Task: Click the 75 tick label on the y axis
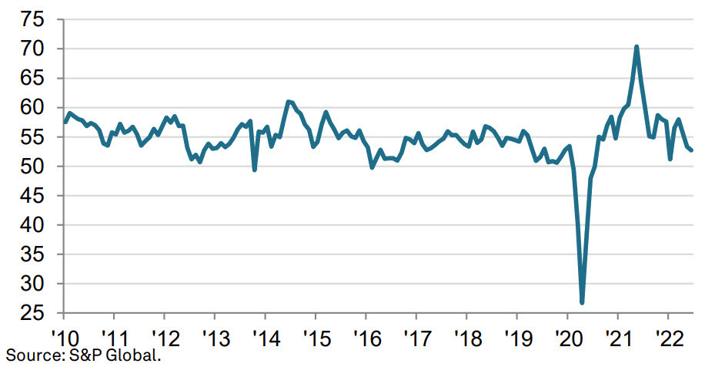click(x=31, y=19)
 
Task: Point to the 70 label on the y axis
click(x=31, y=49)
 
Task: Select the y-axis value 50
click(x=31, y=167)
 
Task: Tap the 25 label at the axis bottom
click(x=31, y=314)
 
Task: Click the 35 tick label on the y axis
click(x=31, y=255)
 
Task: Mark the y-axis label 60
click(x=31, y=108)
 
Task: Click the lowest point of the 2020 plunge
click(x=582, y=303)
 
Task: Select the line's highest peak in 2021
click(x=637, y=47)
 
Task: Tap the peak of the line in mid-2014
click(x=288, y=102)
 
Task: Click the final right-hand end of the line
click(x=691, y=150)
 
